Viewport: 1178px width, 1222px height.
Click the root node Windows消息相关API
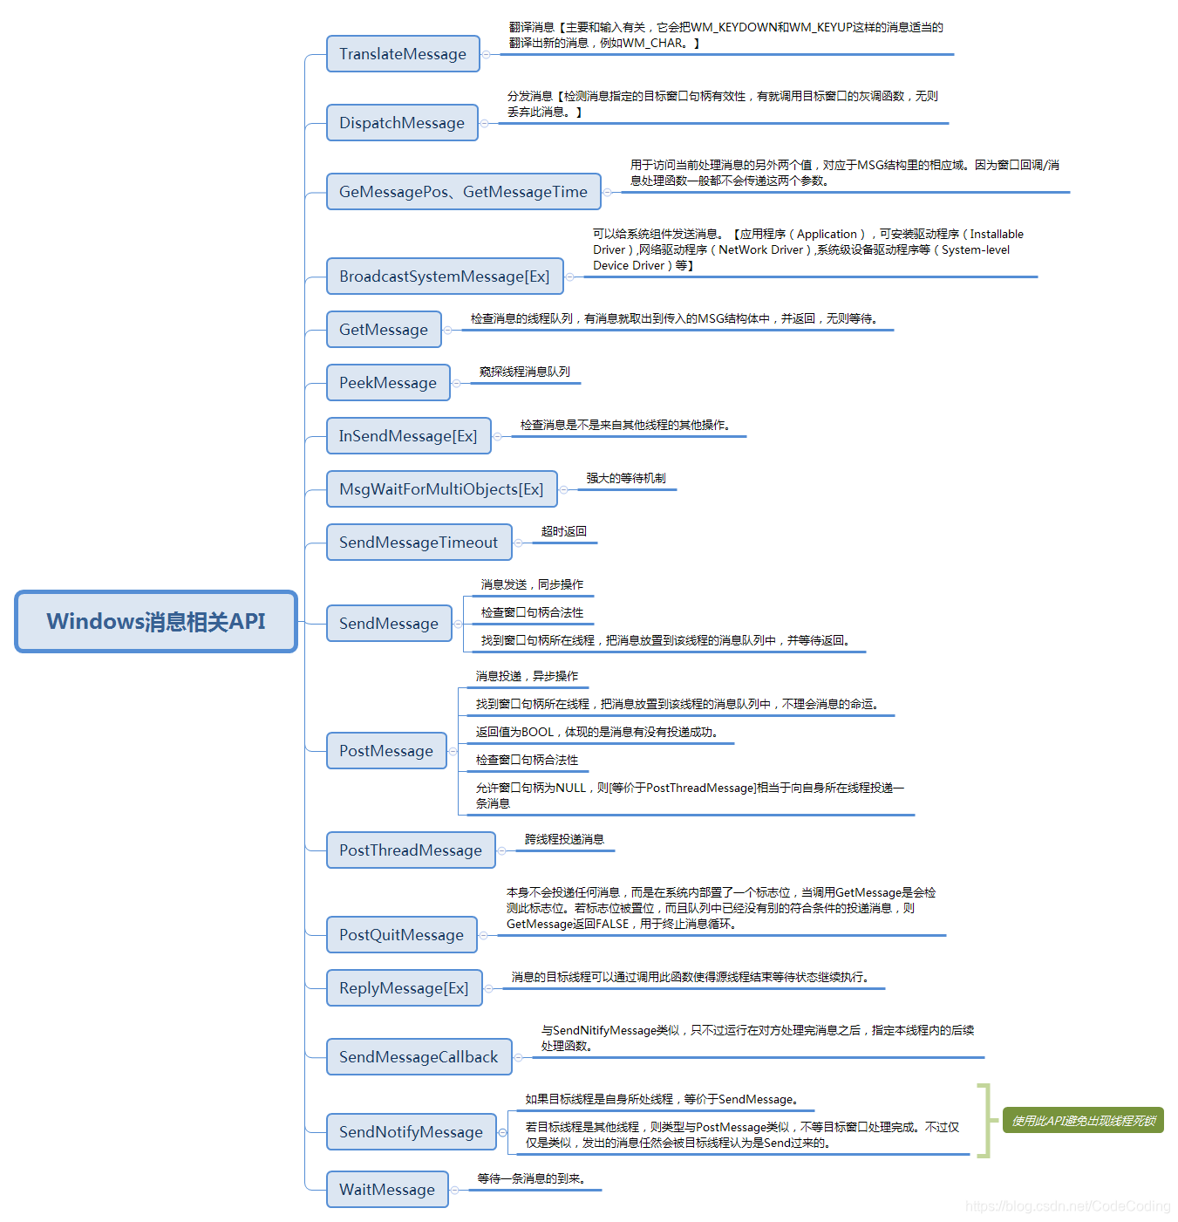[x=156, y=621]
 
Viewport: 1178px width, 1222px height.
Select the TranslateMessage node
[x=403, y=54]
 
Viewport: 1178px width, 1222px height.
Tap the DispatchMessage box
[x=402, y=123]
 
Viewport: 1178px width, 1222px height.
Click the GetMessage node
[x=384, y=330]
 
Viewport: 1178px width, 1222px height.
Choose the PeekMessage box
[x=388, y=383]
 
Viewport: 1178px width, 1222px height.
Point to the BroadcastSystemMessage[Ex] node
[x=444, y=276]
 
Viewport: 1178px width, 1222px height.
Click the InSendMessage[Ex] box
[x=408, y=436]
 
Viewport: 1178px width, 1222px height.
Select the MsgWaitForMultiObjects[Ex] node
[x=441, y=489]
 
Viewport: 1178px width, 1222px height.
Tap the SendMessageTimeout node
[x=419, y=543]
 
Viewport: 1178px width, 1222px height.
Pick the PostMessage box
[x=386, y=751]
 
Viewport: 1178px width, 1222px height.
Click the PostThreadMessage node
[x=411, y=850]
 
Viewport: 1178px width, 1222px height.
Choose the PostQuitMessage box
[x=401, y=935]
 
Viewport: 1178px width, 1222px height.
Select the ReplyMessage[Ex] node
[x=404, y=988]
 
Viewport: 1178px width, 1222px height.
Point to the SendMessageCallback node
[x=419, y=1057]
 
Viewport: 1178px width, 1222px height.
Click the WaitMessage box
[x=387, y=1190]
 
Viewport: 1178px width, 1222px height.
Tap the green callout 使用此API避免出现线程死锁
[x=1083, y=1121]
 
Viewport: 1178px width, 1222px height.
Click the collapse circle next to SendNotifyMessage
[x=502, y=1132]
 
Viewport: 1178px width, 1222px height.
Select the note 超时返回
[x=563, y=531]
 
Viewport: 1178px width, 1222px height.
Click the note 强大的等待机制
[x=625, y=478]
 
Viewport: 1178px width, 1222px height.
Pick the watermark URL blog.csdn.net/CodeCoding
[x=1067, y=1206]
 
